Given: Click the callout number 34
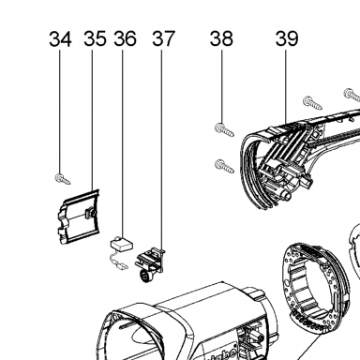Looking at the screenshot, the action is point(60,38).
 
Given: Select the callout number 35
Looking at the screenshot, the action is point(95,38).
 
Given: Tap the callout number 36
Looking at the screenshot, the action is point(125,38).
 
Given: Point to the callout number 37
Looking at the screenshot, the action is point(163,38).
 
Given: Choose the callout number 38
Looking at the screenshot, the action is point(221,38).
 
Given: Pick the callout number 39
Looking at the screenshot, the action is point(287,38).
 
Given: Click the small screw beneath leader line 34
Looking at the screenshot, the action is point(63,179).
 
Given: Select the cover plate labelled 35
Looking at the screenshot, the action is point(79,217).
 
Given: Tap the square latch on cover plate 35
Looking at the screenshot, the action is point(90,213).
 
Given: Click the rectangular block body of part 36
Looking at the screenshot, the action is point(122,244).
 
